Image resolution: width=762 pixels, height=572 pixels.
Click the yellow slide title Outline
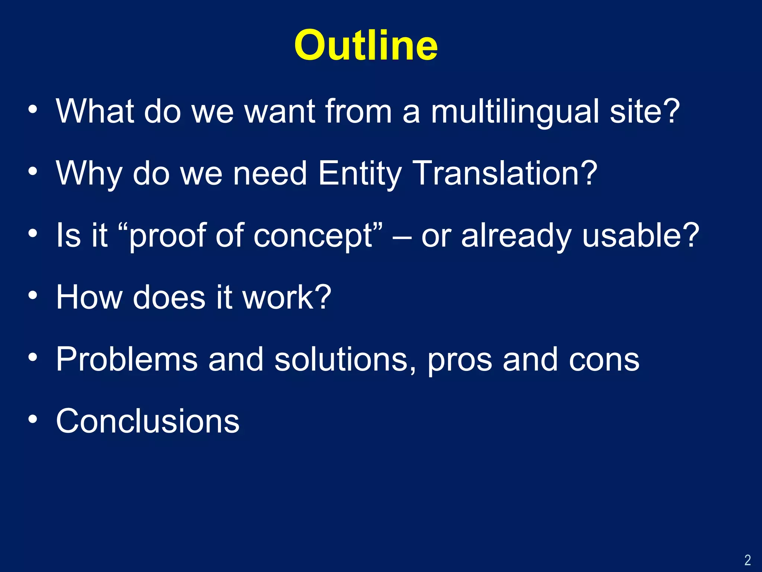(366, 45)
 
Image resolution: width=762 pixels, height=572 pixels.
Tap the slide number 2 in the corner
(747, 560)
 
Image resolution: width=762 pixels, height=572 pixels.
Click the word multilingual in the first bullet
(515, 111)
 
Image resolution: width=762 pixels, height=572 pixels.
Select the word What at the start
(95, 111)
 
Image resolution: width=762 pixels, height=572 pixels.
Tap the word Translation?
(505, 174)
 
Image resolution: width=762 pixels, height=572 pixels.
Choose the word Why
(89, 174)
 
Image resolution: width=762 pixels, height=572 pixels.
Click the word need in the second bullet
(270, 174)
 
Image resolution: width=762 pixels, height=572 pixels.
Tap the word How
(89, 298)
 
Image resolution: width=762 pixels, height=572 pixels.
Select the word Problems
(127, 359)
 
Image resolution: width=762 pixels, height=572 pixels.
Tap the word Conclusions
(148, 421)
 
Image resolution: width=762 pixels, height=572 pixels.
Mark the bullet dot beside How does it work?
(33, 296)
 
